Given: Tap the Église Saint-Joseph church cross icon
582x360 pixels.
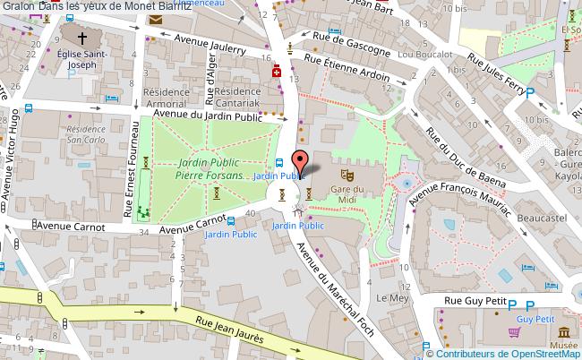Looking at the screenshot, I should [82, 39].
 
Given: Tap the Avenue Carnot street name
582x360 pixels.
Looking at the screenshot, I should [191, 224].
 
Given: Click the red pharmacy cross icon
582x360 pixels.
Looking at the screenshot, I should [277, 73].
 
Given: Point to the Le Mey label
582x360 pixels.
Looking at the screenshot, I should [392, 296].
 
